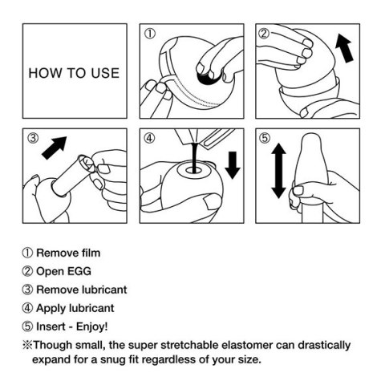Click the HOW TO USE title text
click(74, 73)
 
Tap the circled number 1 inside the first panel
click(149, 34)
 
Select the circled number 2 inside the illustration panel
click(265, 34)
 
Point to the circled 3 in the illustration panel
click(33, 137)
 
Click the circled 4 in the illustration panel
click(149, 137)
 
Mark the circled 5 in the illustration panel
click(265, 137)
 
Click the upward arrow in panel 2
click(344, 47)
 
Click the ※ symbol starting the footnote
click(27, 346)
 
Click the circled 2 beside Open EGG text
click(27, 272)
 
